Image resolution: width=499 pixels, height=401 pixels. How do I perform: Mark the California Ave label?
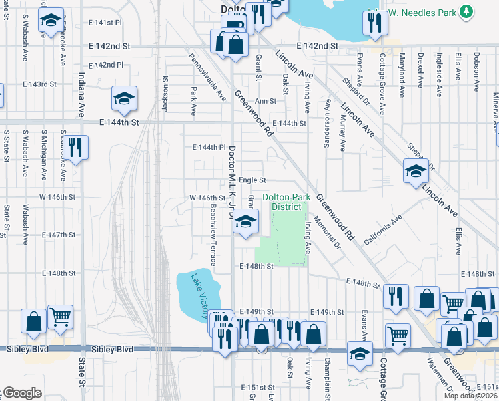(x=383, y=228)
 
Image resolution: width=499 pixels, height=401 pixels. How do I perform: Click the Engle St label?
(x=253, y=180)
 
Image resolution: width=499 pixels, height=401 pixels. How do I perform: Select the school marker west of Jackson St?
(x=124, y=100)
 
